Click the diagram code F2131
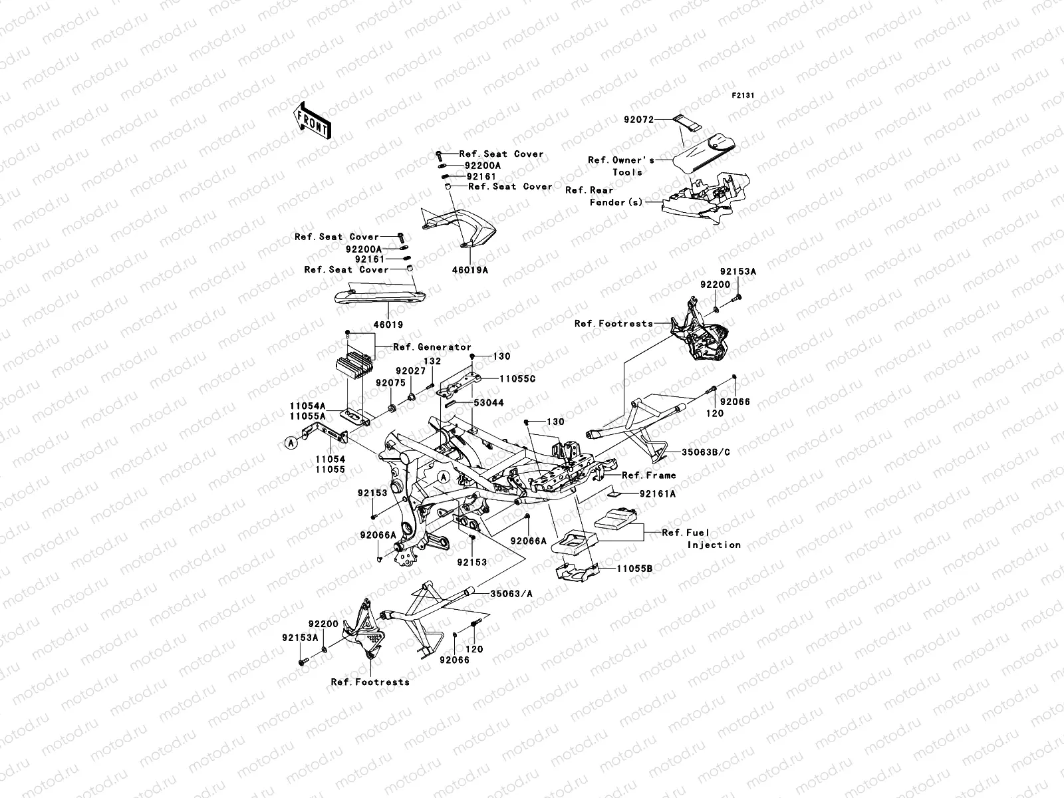tap(744, 96)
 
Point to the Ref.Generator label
tap(432, 347)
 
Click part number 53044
tap(489, 403)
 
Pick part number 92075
tap(390, 383)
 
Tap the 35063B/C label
tap(706, 452)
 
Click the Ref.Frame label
tap(648, 475)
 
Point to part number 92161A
tap(658, 494)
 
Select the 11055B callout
tap(634, 569)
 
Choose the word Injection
tap(714, 545)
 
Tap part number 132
tap(433, 361)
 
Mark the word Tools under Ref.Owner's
tap(627, 172)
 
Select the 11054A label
tap(307, 405)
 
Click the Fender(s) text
tap(616, 201)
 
